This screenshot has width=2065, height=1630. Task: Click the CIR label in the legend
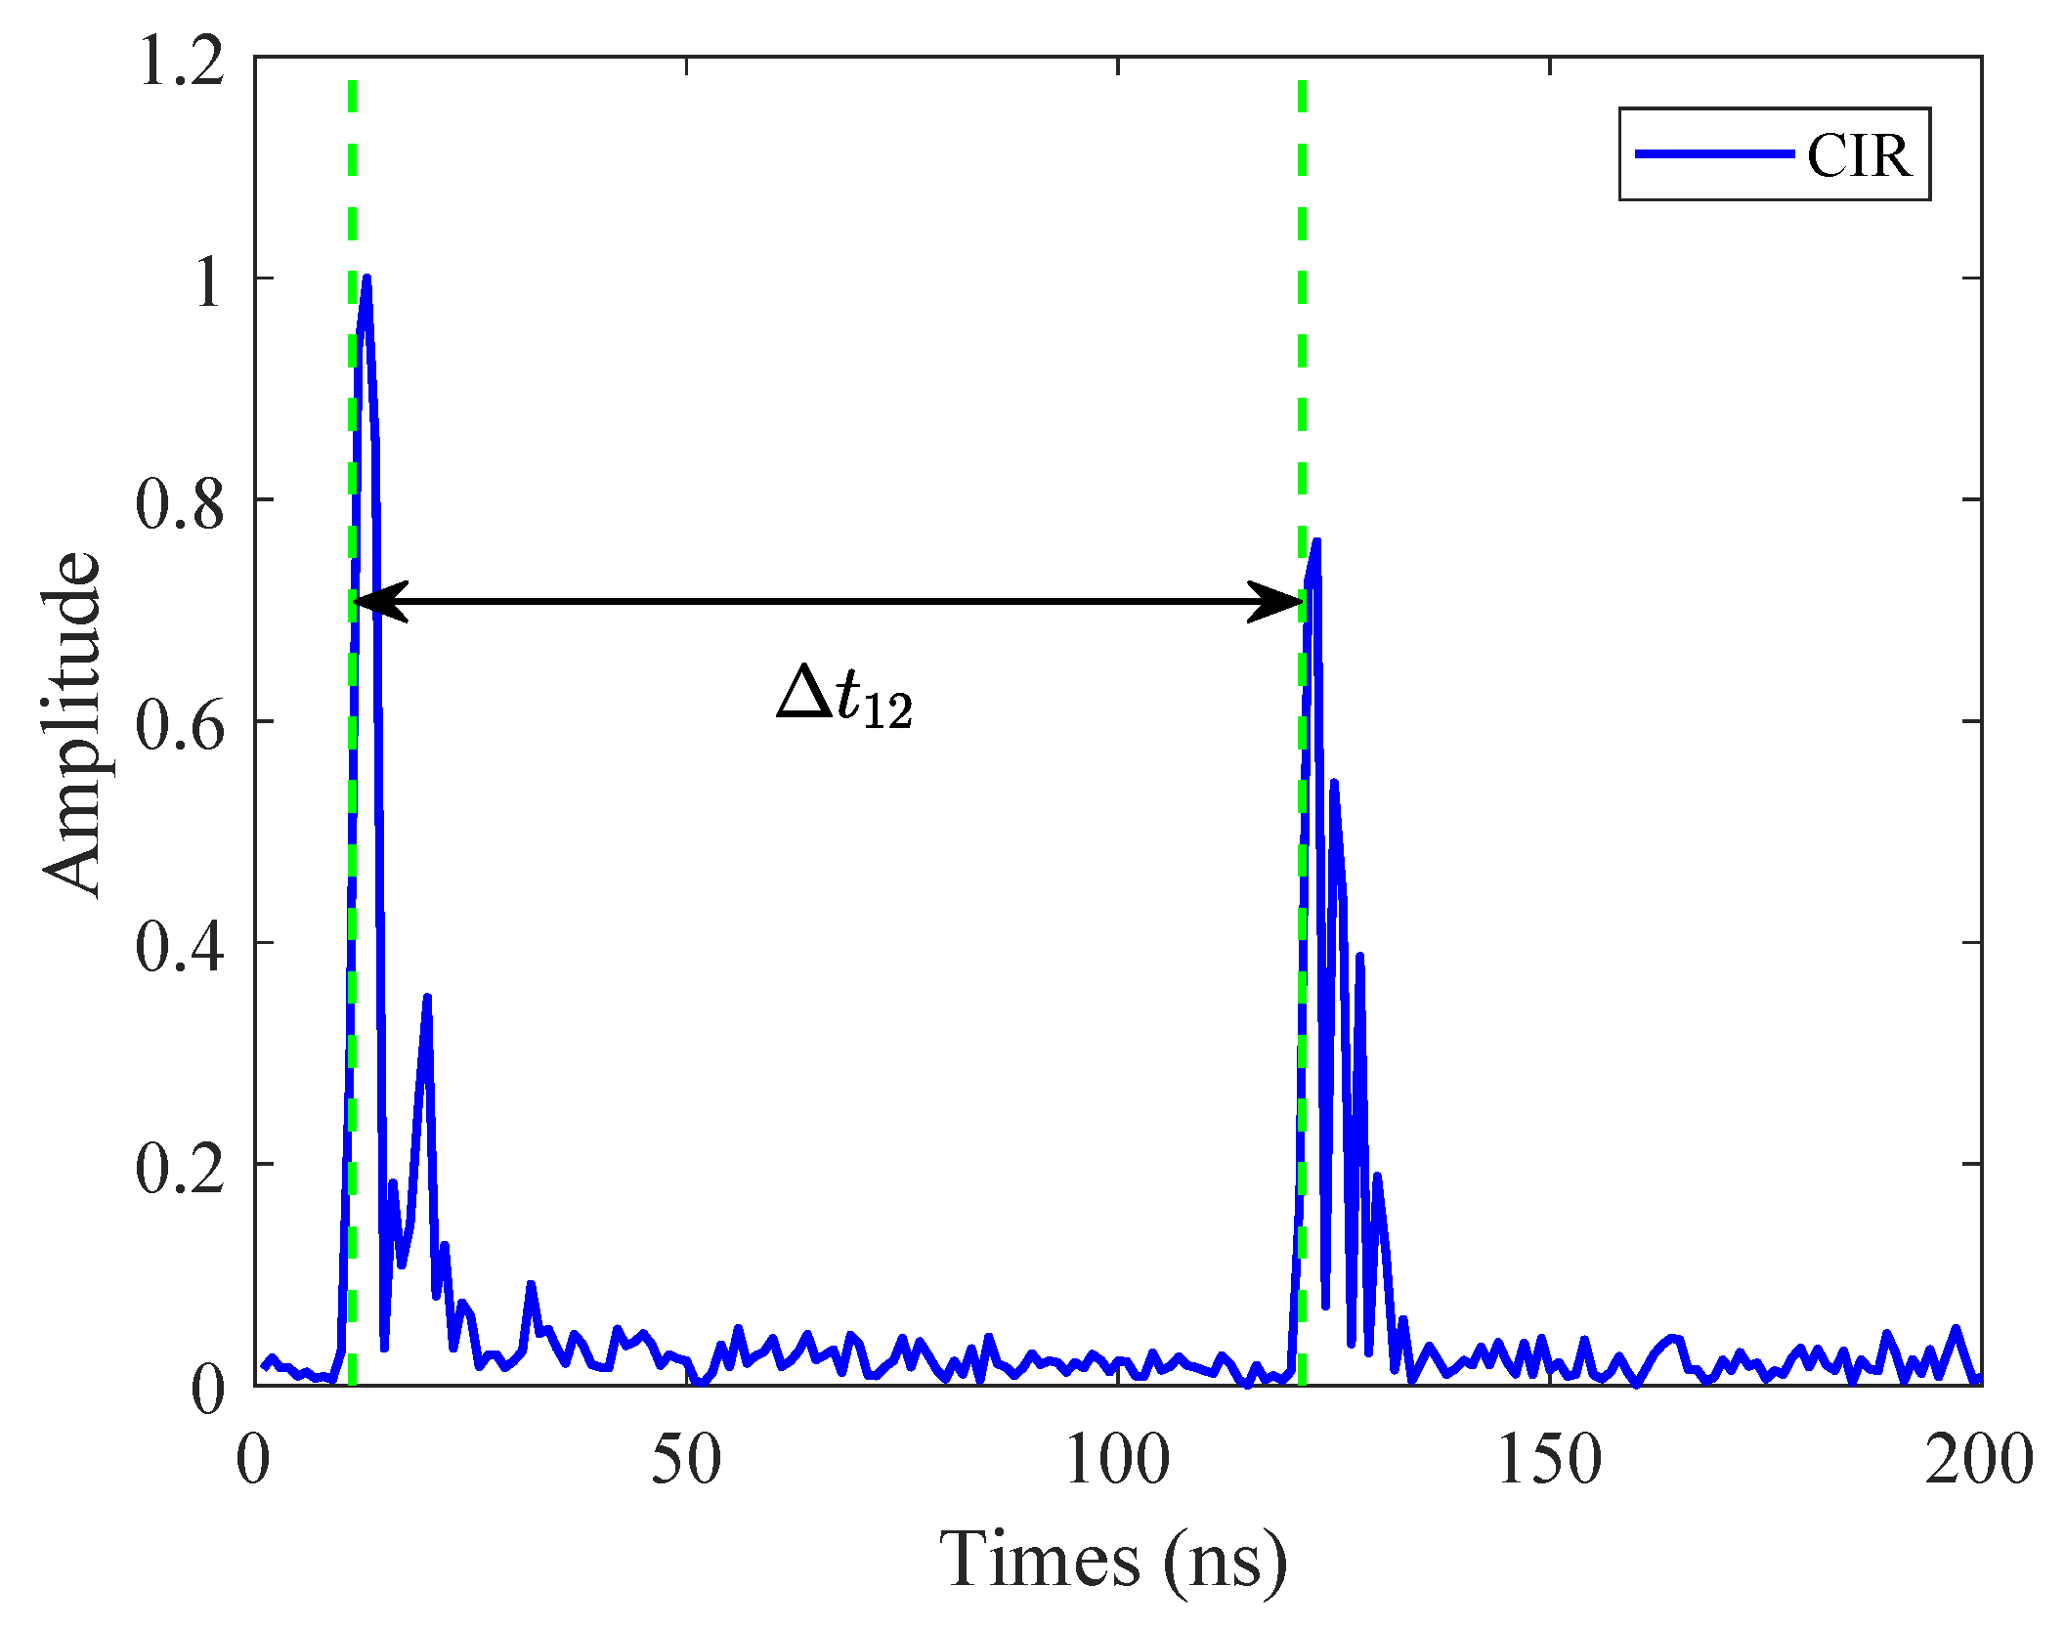click(x=1858, y=155)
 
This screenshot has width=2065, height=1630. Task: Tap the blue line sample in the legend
click(x=1714, y=154)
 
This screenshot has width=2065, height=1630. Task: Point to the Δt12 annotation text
click(x=845, y=696)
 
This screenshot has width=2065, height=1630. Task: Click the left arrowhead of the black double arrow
click(x=376, y=601)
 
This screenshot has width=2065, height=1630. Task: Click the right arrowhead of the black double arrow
click(x=1276, y=601)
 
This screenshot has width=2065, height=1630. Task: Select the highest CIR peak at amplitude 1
click(x=366, y=279)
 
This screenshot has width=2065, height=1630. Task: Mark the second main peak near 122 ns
click(x=1316, y=540)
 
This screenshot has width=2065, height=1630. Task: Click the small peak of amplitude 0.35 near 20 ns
click(x=427, y=997)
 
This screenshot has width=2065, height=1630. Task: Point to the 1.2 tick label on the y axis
click(x=182, y=61)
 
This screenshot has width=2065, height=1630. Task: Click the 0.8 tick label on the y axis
click(x=180, y=503)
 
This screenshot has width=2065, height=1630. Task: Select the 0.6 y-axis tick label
click(x=180, y=725)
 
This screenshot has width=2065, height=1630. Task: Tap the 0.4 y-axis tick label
click(x=180, y=946)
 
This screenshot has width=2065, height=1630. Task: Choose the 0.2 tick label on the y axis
click(x=180, y=1168)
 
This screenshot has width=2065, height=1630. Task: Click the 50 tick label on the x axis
click(x=686, y=1461)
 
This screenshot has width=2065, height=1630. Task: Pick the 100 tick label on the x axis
click(x=1117, y=1461)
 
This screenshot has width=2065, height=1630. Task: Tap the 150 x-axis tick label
click(x=1549, y=1461)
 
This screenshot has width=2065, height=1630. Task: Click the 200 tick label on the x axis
click(x=1980, y=1461)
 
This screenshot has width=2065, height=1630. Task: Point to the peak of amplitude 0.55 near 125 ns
click(x=1334, y=783)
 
